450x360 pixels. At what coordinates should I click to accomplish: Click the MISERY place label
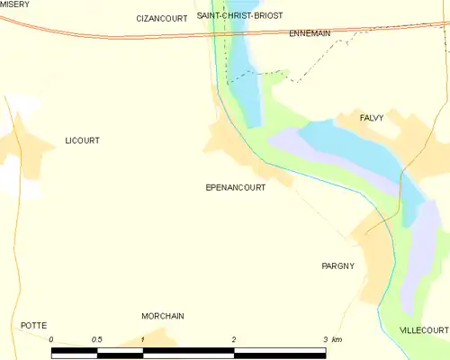click(x=14, y=4)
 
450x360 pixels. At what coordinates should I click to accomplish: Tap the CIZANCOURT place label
click(x=161, y=18)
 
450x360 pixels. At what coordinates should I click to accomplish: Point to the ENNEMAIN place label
click(x=310, y=33)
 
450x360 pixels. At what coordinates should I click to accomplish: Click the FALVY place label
click(x=372, y=118)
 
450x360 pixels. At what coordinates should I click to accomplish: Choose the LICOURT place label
click(x=82, y=140)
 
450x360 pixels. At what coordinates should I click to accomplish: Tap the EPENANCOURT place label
click(x=236, y=187)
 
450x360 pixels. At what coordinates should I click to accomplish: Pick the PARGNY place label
click(x=338, y=265)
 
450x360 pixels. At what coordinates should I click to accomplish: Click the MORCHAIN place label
click(x=163, y=316)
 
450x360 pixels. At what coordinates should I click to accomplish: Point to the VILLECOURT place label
click(x=423, y=330)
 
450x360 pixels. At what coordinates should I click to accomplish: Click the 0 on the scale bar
click(x=52, y=339)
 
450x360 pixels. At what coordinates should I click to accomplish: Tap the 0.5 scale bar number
click(x=97, y=339)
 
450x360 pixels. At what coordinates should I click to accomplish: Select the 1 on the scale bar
click(x=143, y=339)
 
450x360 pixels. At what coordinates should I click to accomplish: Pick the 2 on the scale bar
click(x=234, y=339)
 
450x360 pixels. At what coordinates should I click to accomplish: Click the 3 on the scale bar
click(x=325, y=339)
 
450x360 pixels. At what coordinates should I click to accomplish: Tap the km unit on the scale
click(x=337, y=339)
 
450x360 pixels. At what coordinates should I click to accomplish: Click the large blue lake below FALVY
click(x=351, y=148)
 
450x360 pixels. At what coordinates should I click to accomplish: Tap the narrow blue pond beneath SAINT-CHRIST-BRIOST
click(x=244, y=76)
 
